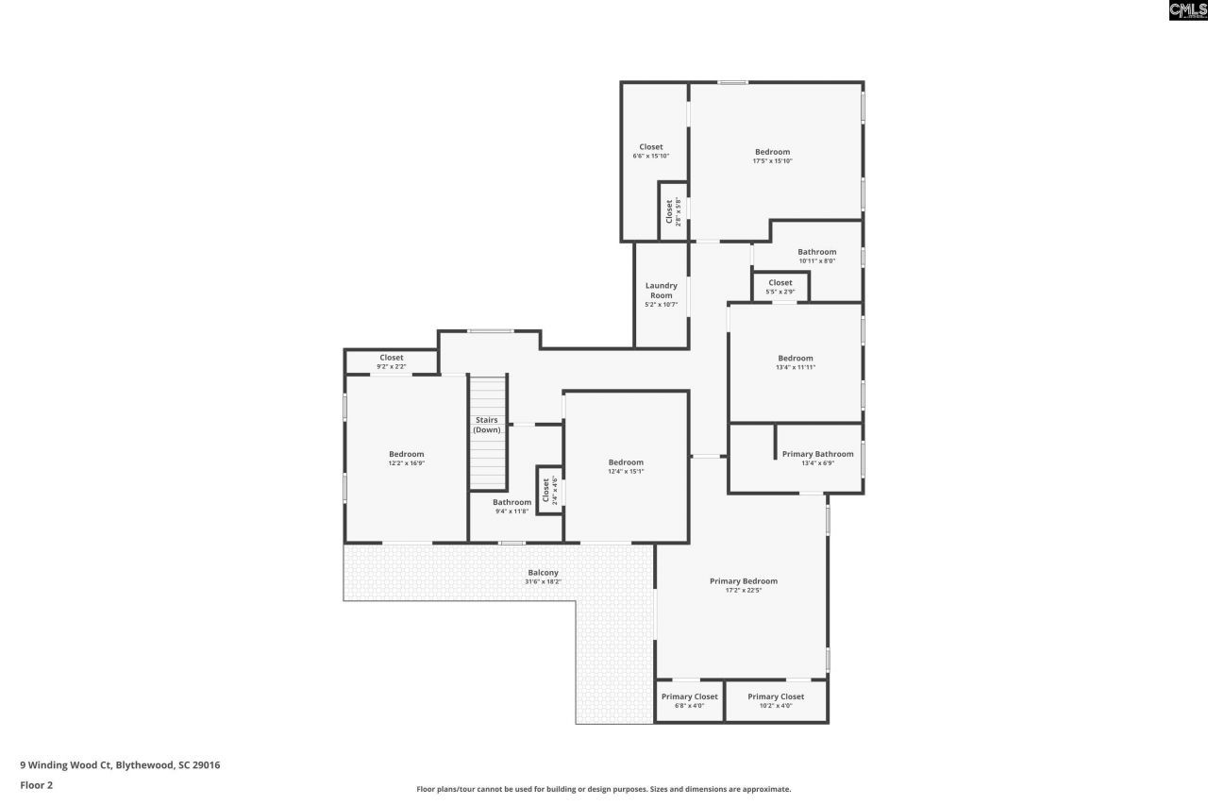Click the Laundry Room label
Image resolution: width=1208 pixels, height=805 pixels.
coord(661,291)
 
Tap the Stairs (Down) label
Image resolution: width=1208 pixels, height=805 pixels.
coord(487,425)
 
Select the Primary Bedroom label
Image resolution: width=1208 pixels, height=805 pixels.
coord(743,581)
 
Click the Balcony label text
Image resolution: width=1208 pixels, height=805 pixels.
coord(543,573)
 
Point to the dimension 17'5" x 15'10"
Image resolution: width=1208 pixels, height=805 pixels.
coord(772,161)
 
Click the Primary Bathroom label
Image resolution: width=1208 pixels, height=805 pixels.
coord(817,454)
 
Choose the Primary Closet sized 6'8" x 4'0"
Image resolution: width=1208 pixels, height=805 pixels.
coord(689,696)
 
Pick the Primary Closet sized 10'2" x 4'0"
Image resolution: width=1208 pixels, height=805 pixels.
coord(776,696)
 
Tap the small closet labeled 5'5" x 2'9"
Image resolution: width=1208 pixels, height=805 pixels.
coord(780,283)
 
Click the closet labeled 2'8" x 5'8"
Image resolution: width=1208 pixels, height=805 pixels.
coord(669,212)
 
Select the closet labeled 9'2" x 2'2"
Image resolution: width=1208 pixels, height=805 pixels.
coord(392,358)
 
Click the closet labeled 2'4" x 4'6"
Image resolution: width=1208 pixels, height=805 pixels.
coord(546,491)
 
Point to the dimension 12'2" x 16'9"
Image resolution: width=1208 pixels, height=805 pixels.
coord(406,463)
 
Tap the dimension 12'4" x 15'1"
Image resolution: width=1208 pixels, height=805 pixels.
coord(626,472)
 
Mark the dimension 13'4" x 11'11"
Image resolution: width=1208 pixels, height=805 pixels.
coord(795,368)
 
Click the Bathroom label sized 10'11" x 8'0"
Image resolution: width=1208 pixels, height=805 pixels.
coord(816,252)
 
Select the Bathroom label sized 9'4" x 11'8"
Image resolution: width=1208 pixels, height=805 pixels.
coord(512,502)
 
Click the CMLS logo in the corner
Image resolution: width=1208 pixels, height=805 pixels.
coord(1187,10)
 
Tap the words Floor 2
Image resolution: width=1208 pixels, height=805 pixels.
coord(36,784)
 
